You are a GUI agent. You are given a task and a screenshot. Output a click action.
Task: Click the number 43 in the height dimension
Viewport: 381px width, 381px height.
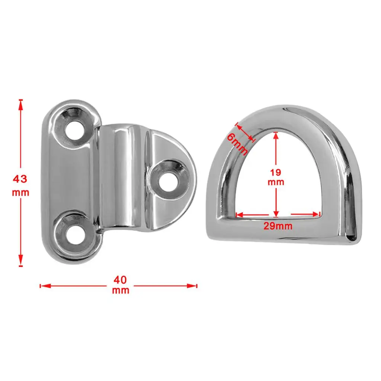click(20, 179)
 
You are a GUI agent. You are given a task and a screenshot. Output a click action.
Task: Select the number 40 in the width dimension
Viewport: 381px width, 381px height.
click(121, 279)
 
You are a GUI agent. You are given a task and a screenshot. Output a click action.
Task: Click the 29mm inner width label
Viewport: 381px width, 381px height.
click(278, 226)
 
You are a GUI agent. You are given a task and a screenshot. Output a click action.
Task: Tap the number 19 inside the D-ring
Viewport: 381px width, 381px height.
click(276, 172)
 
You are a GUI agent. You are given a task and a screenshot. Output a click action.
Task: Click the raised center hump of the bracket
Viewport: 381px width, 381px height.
click(125, 179)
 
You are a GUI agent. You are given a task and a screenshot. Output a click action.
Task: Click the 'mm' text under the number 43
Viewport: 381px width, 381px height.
click(20, 193)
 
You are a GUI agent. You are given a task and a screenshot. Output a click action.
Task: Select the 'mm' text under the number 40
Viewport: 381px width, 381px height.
click(121, 291)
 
